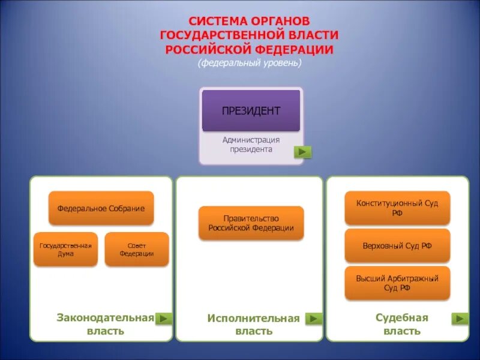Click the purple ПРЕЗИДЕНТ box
tap(251, 110)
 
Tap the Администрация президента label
tap(251, 145)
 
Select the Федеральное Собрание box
tap(101, 208)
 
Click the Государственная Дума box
tap(65, 250)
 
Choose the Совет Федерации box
tap(137, 250)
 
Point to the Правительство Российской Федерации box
tap(251, 223)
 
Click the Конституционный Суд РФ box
tap(397, 208)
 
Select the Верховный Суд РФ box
tap(397, 245)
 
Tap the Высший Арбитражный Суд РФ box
tap(397, 283)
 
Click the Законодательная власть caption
tap(106, 324)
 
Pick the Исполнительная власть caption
tap(253, 324)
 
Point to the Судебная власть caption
tap(401, 324)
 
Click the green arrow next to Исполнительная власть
tap(314, 319)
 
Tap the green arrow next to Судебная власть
tap(461, 319)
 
